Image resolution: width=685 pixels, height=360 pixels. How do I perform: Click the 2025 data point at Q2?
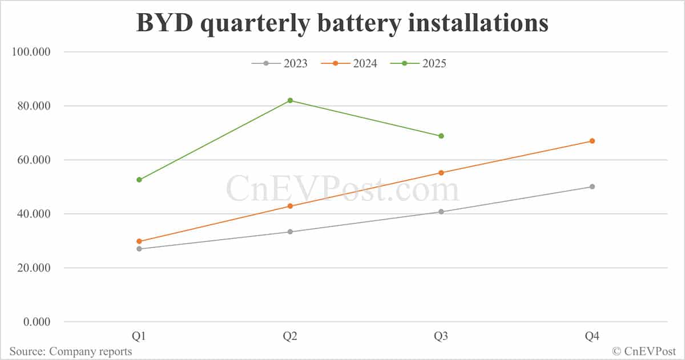(290, 100)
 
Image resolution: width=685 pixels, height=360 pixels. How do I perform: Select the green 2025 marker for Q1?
(139, 180)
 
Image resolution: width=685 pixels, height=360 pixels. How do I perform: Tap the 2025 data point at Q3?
(441, 136)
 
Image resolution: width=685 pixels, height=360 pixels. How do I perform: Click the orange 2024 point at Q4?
(592, 141)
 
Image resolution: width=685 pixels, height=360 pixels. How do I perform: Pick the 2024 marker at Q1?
(139, 241)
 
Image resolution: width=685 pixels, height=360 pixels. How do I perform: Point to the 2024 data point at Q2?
(290, 206)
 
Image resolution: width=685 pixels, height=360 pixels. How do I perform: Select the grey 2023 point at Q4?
(592, 187)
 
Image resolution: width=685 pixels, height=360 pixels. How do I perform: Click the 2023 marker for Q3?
(441, 212)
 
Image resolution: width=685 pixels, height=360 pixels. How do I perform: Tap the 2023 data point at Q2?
(290, 232)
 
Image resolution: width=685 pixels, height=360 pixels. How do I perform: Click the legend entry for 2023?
(280, 63)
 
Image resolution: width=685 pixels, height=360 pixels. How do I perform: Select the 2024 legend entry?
(349, 63)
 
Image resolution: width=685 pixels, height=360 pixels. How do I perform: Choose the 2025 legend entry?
(418, 63)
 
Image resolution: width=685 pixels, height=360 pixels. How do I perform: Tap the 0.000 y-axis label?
(36, 322)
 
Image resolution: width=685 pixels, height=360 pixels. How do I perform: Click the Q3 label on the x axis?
(441, 337)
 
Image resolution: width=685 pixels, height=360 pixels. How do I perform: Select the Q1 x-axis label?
(139, 337)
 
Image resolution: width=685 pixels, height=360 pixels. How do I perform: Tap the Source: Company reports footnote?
(70, 351)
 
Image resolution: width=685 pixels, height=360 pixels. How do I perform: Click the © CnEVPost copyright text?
(644, 351)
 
